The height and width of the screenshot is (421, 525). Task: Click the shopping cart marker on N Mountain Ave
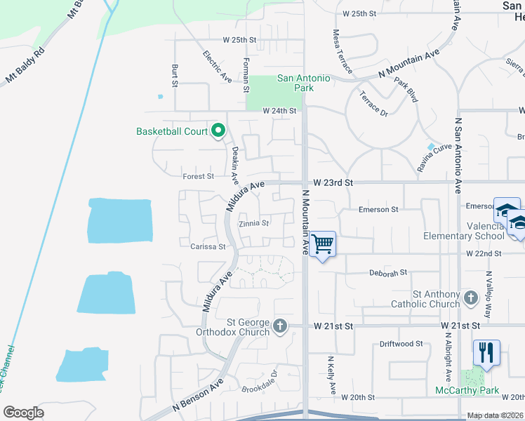[x=322, y=244]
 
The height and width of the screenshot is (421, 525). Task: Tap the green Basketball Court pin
[x=218, y=131]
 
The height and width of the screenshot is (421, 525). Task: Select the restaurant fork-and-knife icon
[x=486, y=352]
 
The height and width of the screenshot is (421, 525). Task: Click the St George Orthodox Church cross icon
[x=280, y=325]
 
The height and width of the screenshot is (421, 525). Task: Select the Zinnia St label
[x=253, y=224]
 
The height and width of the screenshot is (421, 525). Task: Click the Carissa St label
[x=208, y=246]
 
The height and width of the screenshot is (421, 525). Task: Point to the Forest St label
[x=198, y=177]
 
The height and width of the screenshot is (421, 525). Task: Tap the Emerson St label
[x=378, y=209]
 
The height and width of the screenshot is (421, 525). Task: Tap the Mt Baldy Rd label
[x=25, y=66]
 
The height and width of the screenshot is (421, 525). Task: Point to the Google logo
[x=23, y=413]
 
